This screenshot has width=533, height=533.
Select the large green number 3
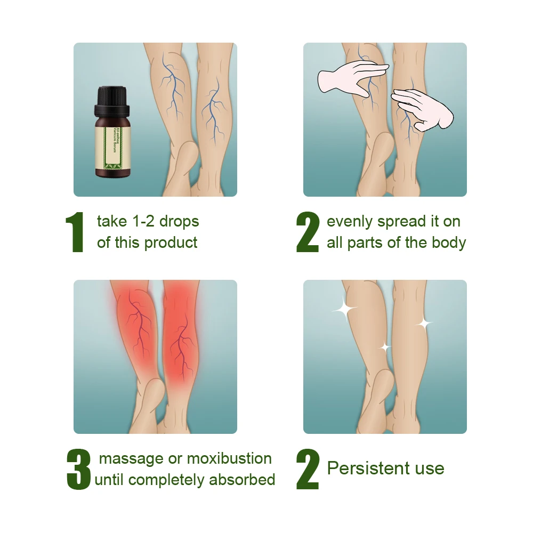pos(79,469)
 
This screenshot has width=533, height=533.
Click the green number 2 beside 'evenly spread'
pos(308,233)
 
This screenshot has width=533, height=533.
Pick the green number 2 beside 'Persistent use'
pos(308,469)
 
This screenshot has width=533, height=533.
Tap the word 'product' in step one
pos(171,243)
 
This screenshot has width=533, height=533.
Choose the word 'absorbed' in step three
pos(242,480)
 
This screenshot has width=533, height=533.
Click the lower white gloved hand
pos(424,109)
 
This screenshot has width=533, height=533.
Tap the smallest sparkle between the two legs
pos(384,348)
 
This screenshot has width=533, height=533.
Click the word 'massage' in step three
pos(131,458)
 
